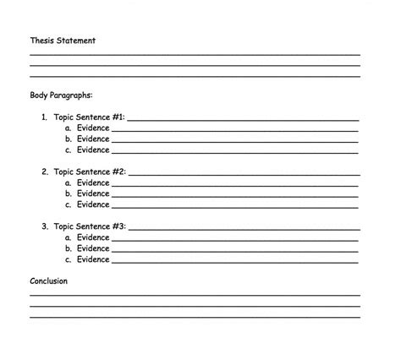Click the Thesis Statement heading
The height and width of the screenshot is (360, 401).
coord(63,40)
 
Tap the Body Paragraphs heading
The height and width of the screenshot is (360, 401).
coord(61,95)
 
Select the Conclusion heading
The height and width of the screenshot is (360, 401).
coord(48,281)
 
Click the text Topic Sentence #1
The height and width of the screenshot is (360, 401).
coord(89,117)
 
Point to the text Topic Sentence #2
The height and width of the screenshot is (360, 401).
coord(89,172)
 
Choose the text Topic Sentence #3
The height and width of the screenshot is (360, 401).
coord(89,226)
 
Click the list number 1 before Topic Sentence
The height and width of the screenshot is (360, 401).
coord(44,117)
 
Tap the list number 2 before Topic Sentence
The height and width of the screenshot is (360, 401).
coord(44,172)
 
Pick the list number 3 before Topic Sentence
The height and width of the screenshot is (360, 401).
coord(44,226)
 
